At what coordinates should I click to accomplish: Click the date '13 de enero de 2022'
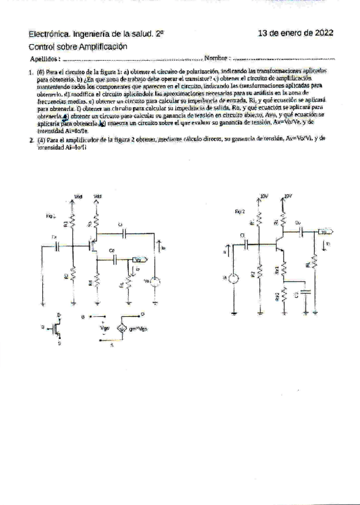pyautogui.click(x=295, y=33)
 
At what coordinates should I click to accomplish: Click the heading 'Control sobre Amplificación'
pyautogui.click(x=78, y=46)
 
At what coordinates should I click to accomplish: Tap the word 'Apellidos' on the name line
pyautogui.click(x=45, y=59)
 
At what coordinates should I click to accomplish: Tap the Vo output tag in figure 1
pyautogui.click(x=139, y=260)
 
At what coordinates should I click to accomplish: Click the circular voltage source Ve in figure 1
pyautogui.click(x=156, y=282)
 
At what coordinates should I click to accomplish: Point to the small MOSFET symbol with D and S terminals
pyautogui.click(x=57, y=326)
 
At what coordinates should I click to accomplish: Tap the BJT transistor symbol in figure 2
pyautogui.click(x=279, y=242)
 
